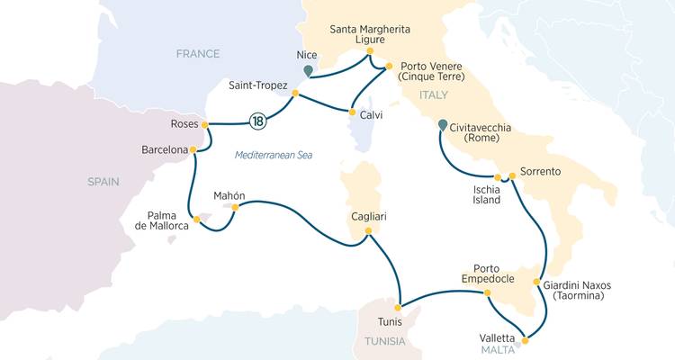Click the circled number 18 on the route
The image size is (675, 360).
pyautogui.click(x=258, y=121)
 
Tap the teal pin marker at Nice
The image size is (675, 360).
pyautogui.click(x=308, y=70)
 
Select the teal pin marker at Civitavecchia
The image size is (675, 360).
pyautogui.click(x=442, y=126)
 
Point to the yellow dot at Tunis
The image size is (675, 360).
pyautogui.click(x=400, y=305)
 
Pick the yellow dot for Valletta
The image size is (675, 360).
pyautogui.click(x=525, y=340)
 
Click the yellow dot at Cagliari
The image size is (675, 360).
pyautogui.click(x=367, y=231)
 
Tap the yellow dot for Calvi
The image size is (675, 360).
pyautogui.click(x=352, y=112)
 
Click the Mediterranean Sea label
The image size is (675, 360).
pyautogui.click(x=273, y=155)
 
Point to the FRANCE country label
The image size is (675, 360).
pyautogui.click(x=198, y=54)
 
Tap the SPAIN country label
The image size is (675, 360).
pyautogui.click(x=103, y=182)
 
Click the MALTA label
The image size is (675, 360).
pyautogui.click(x=497, y=350)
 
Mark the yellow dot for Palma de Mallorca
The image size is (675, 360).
pyautogui.click(x=196, y=219)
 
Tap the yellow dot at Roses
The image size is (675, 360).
pyautogui.click(x=205, y=124)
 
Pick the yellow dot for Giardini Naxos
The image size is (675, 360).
pyautogui.click(x=537, y=283)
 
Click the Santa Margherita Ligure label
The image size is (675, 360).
pyautogui.click(x=370, y=36)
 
